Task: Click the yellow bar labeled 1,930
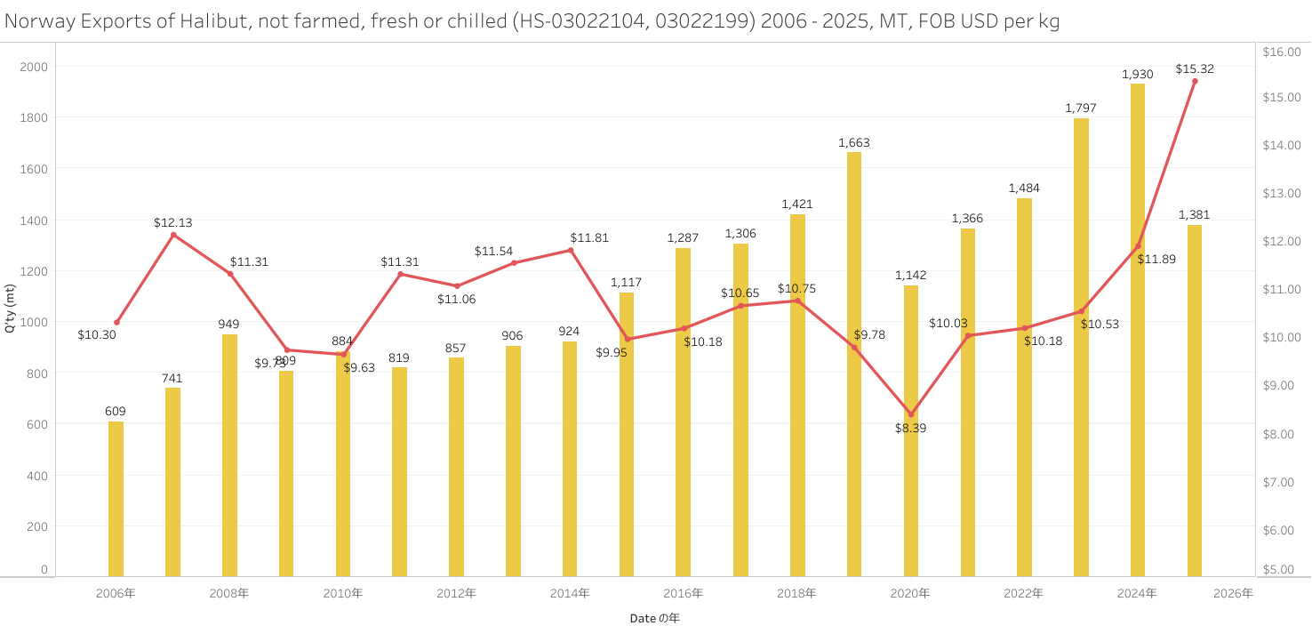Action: tap(1138, 329)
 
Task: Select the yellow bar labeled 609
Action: tap(116, 498)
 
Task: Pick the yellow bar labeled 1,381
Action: tap(1195, 400)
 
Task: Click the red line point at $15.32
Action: tap(1195, 81)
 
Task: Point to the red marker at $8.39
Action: tap(910, 414)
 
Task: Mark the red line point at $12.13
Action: tap(173, 235)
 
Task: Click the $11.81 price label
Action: tap(589, 237)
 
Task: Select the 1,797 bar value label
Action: tap(1081, 108)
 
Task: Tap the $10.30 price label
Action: tap(97, 335)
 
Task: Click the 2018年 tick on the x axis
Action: tap(797, 593)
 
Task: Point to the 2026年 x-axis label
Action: tap(1233, 593)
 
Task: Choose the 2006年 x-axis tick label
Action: tap(116, 593)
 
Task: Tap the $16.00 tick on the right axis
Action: tap(1281, 52)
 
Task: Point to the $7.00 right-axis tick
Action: tap(1281, 482)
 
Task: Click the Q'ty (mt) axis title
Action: tap(10, 309)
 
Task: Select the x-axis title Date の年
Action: tap(654, 618)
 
